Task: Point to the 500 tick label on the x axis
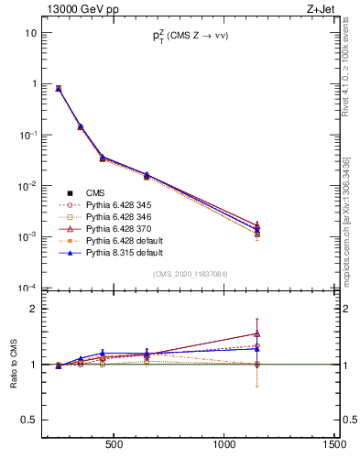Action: pyautogui.click(x=115, y=446)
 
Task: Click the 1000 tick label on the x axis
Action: pyautogui.click(x=224, y=446)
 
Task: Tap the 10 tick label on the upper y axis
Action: pyautogui.click(x=30, y=33)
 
